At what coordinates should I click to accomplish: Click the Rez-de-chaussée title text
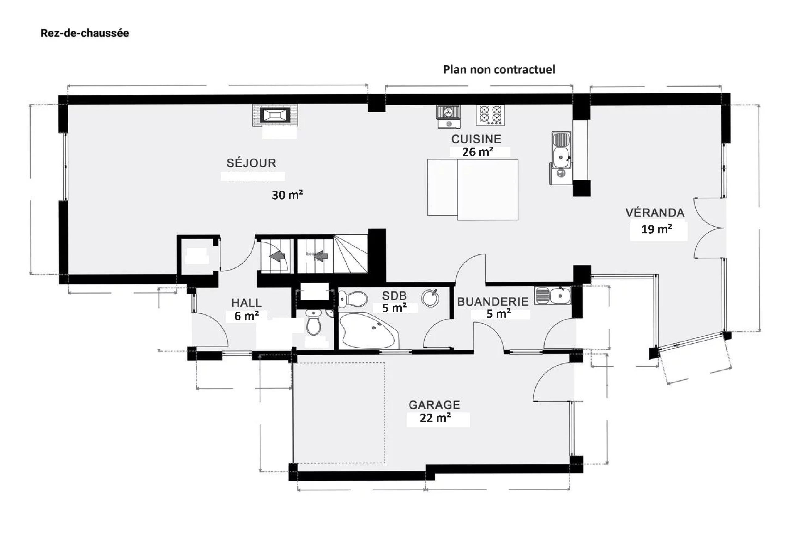[x=85, y=33]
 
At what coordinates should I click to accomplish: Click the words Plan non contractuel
[x=499, y=69]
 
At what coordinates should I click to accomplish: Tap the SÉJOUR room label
[x=251, y=163]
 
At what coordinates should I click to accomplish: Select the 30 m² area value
[x=287, y=195]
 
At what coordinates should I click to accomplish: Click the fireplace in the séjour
[x=275, y=115]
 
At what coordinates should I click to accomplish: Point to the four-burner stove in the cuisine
[x=490, y=115]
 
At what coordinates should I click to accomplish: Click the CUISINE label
[x=476, y=139]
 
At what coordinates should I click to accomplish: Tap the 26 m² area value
[x=478, y=152]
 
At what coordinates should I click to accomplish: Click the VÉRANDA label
[x=655, y=213]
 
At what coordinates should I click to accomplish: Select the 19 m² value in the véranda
[x=656, y=229]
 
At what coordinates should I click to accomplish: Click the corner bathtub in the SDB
[x=367, y=331]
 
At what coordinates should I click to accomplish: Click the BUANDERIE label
[x=493, y=302]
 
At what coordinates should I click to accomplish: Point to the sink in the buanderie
[x=553, y=296]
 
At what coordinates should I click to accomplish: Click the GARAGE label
[x=434, y=405]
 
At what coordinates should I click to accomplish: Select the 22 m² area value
[x=435, y=418]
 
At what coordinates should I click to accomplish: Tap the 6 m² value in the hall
[x=246, y=316]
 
